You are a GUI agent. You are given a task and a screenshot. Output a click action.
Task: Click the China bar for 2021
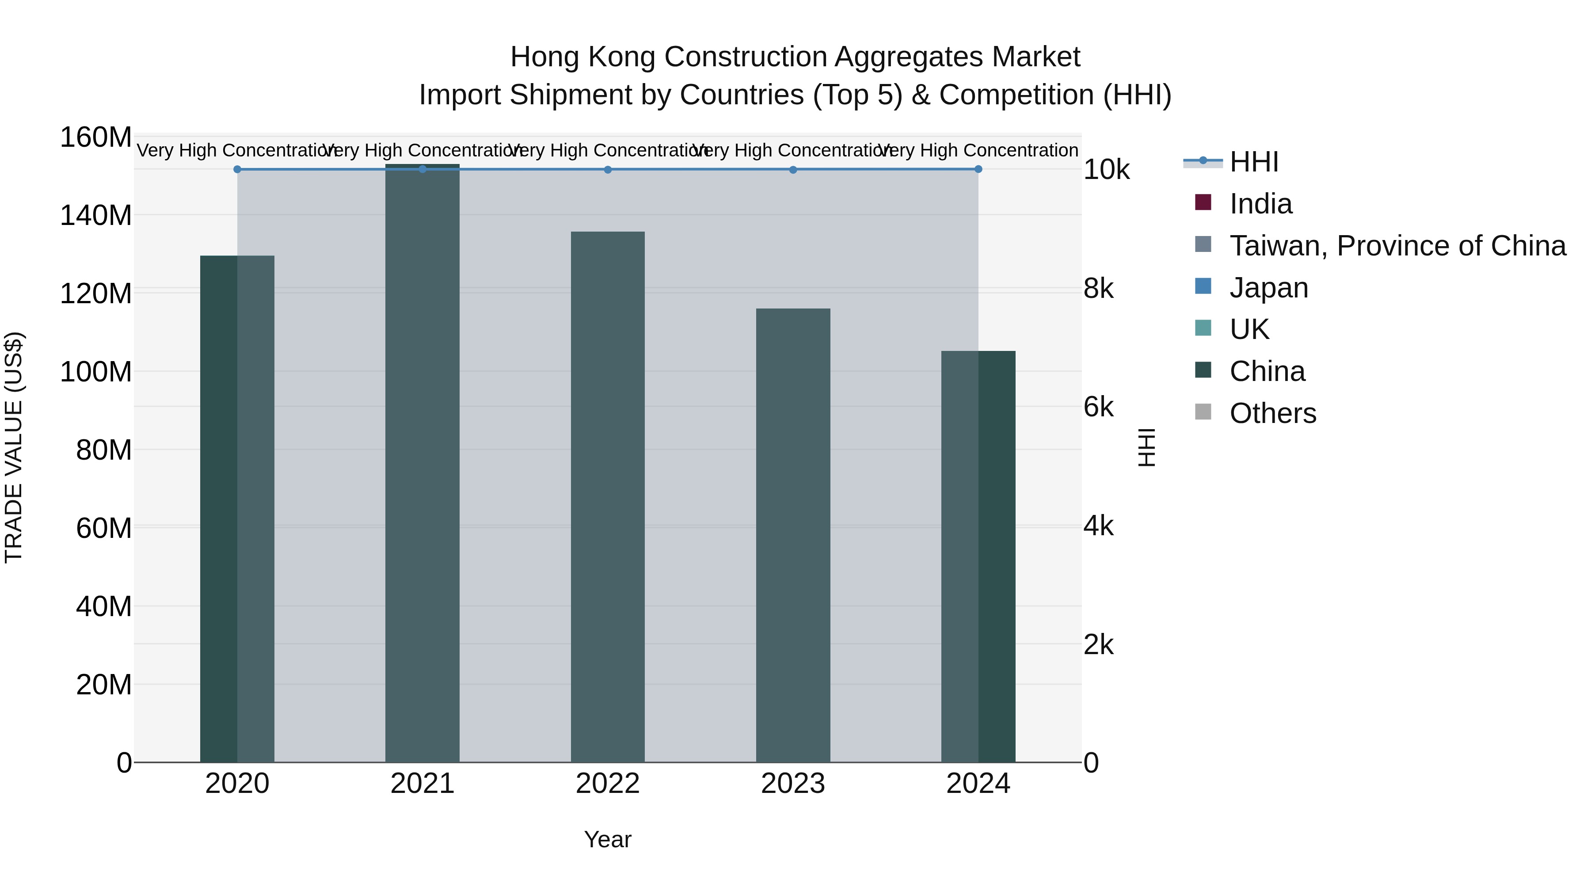click(x=422, y=463)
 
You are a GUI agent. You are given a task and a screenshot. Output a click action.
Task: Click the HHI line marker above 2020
click(x=237, y=169)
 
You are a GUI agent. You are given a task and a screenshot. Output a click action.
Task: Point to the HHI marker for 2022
click(x=608, y=170)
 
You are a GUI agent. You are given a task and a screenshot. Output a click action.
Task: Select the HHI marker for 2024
click(x=978, y=169)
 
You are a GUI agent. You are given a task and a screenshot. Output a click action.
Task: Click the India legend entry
click(x=1260, y=204)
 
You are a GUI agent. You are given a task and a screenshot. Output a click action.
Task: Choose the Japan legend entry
click(x=1268, y=288)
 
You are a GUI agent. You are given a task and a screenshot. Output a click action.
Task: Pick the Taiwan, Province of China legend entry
click(x=1397, y=246)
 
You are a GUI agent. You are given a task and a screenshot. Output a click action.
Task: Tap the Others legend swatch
click(x=1203, y=412)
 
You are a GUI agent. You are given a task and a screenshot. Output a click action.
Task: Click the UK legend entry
click(x=1249, y=329)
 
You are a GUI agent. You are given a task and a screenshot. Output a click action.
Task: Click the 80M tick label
click(x=104, y=450)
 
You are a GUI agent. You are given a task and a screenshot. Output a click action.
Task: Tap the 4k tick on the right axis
click(x=1099, y=526)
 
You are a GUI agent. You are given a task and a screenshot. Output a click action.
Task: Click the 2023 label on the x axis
click(x=793, y=784)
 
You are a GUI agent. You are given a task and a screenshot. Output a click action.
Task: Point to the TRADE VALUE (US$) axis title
click(x=14, y=447)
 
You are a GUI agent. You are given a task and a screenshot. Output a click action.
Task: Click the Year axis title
click(x=608, y=839)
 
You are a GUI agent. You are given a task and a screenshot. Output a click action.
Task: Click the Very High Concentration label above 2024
click(x=978, y=150)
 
